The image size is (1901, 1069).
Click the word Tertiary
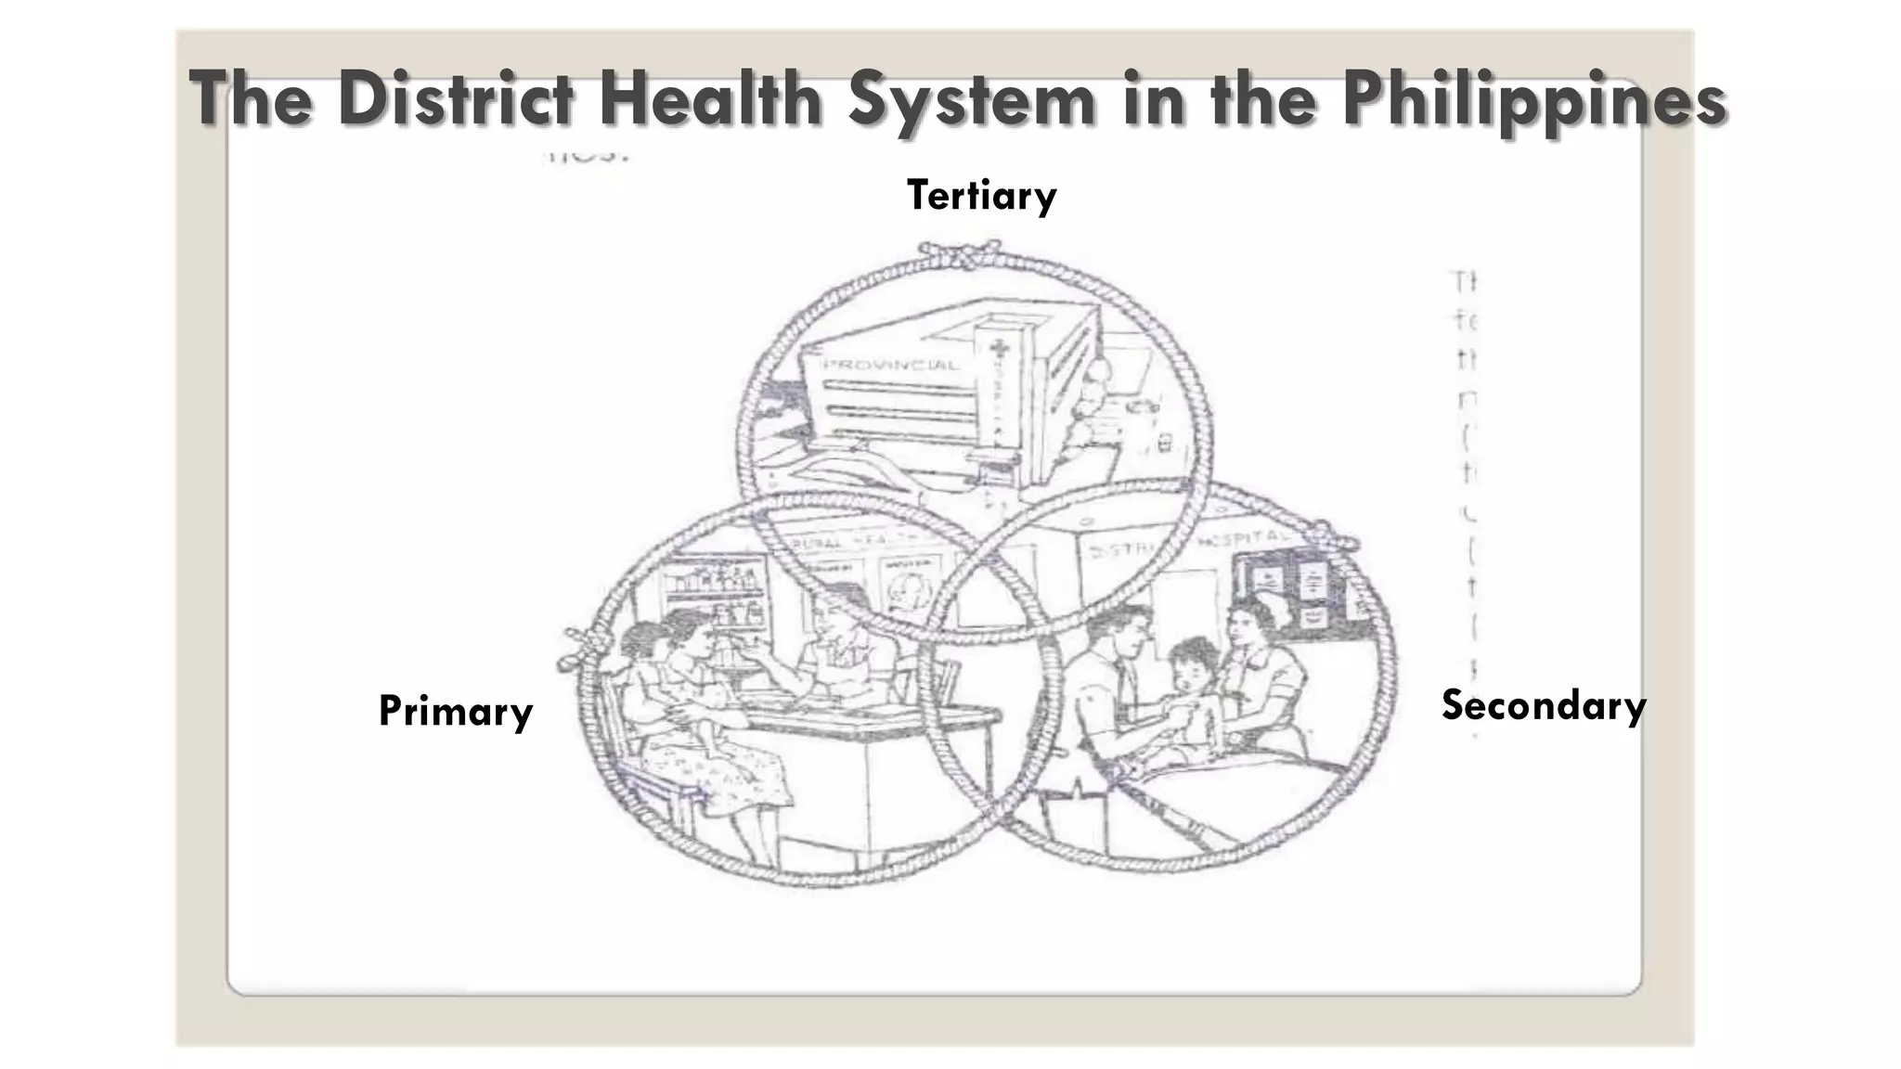coord(981,196)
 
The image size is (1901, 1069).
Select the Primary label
coord(455,712)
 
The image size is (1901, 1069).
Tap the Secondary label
coord(1543,706)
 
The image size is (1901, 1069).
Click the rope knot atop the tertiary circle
coord(959,252)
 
